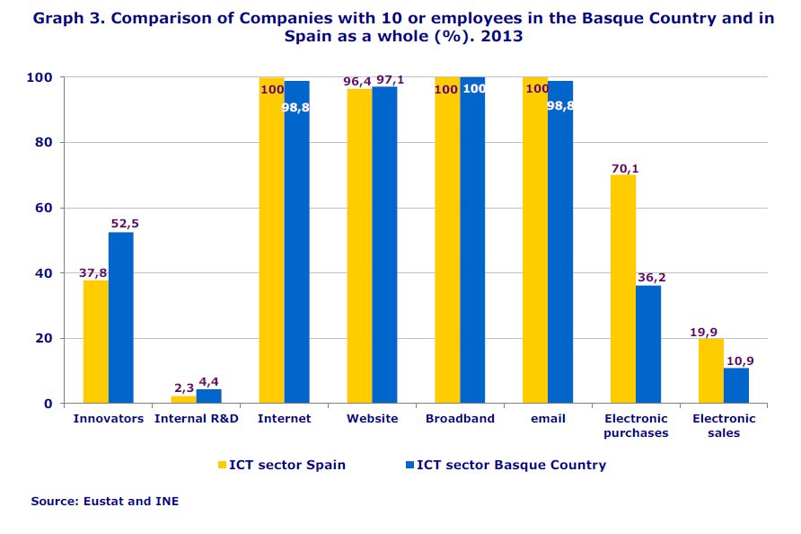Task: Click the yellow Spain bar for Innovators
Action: (x=96, y=342)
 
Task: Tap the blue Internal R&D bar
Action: (x=208, y=396)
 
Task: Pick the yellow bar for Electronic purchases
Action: (x=623, y=289)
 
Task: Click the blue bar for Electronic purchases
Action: (x=648, y=344)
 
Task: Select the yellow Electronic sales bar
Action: (x=711, y=370)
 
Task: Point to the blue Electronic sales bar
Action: (x=736, y=386)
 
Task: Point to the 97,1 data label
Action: (x=390, y=80)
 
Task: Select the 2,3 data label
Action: (x=183, y=387)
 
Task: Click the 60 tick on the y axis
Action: (x=43, y=208)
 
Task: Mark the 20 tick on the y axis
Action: (x=43, y=338)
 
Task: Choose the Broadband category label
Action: (x=460, y=418)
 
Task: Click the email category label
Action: (x=548, y=418)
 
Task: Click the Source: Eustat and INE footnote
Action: (x=104, y=501)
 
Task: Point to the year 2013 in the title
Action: (x=506, y=37)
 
